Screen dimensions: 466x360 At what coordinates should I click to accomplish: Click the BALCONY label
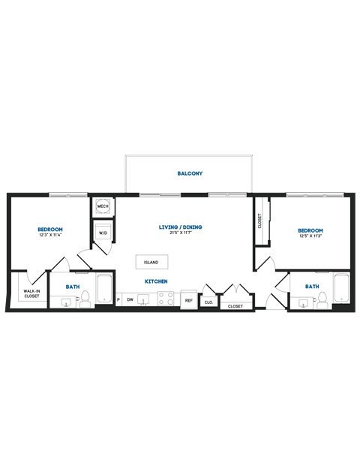tap(190, 173)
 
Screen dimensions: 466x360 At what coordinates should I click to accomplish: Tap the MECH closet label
tap(103, 206)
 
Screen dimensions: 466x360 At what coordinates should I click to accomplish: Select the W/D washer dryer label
tap(103, 232)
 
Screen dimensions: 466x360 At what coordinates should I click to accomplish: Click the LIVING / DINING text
tap(180, 227)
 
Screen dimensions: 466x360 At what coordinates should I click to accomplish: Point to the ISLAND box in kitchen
tap(151, 262)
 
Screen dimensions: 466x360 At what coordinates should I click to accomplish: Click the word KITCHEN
tap(156, 281)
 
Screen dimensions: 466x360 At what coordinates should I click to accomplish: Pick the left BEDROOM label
tap(50, 229)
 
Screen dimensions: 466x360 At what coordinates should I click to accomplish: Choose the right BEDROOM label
tap(310, 230)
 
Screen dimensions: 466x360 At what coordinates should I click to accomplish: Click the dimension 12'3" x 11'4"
tap(50, 236)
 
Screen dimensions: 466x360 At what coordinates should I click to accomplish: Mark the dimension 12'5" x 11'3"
tap(310, 237)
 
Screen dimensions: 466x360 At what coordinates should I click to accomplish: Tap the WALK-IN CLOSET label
tap(31, 293)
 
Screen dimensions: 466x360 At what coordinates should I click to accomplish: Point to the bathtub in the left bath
tap(104, 289)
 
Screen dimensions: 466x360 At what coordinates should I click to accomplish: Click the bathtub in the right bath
tap(341, 288)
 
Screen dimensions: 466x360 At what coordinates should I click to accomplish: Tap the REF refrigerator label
tap(188, 300)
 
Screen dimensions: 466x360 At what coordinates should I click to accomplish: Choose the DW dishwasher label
tap(130, 300)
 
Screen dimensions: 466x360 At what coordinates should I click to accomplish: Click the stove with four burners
tap(166, 299)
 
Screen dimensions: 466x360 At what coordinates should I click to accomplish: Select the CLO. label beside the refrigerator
tap(208, 302)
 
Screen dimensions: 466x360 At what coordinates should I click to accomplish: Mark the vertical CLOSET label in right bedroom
tap(260, 221)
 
